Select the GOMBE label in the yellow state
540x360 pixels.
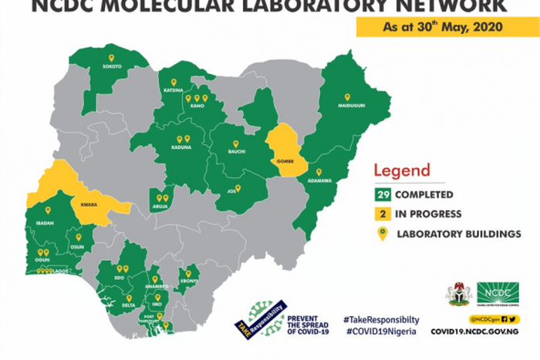[x=284, y=160]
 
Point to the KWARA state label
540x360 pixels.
[x=85, y=206]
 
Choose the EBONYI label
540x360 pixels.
[x=189, y=281]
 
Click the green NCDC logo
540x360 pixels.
[x=497, y=293]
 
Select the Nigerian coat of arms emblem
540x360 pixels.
[x=457, y=294]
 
